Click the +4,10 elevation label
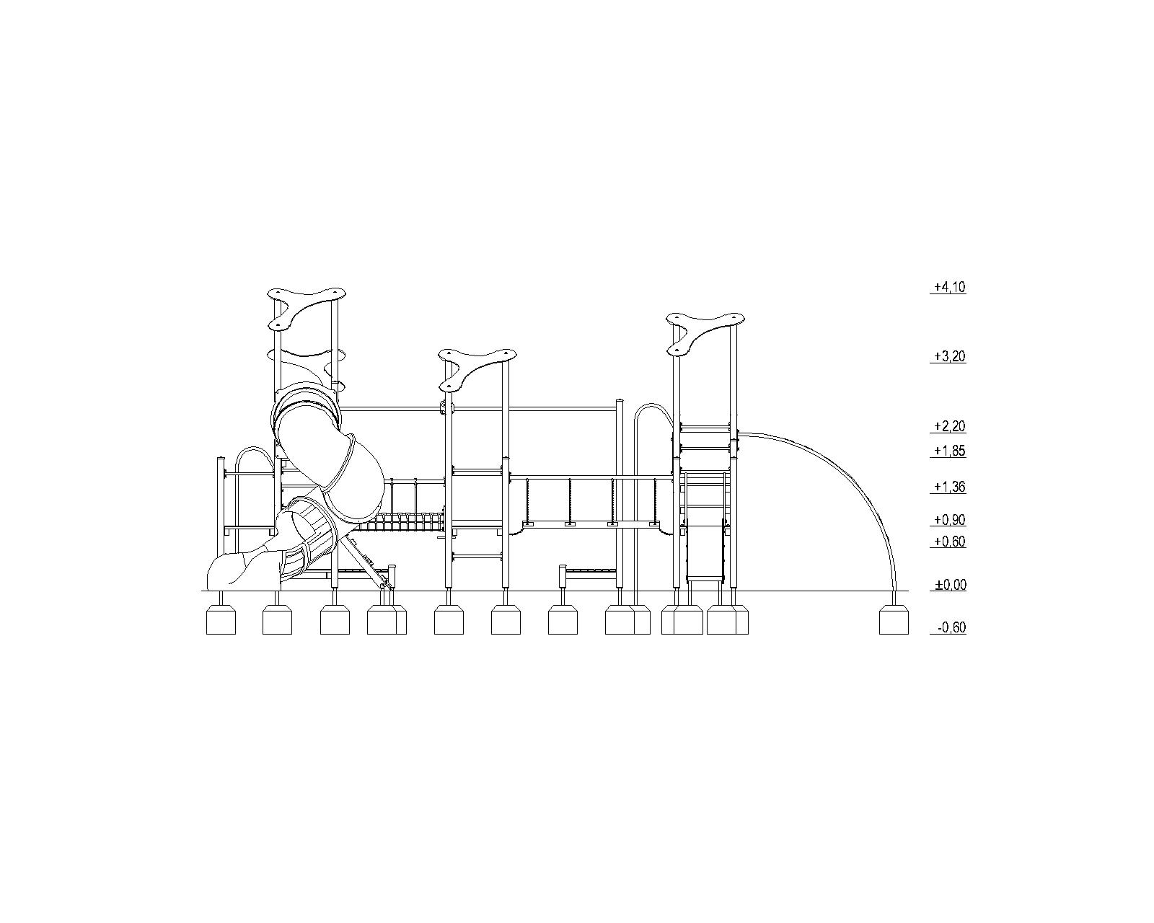(x=949, y=288)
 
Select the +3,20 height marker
(x=949, y=357)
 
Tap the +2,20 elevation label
(x=949, y=426)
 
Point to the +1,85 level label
(x=949, y=451)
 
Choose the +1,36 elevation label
(x=949, y=487)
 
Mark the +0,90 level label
(x=949, y=520)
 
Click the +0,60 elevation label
(x=949, y=542)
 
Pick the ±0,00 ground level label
(x=950, y=585)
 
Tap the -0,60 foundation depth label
(x=951, y=628)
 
